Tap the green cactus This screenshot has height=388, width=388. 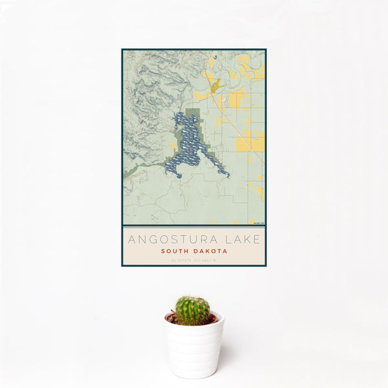[192, 310]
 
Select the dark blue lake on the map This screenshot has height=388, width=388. [189, 145]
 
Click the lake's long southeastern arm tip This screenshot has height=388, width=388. [226, 174]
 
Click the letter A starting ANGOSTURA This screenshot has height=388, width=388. [131, 239]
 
